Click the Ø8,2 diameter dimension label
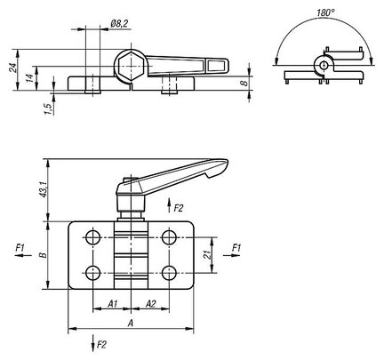(119, 24)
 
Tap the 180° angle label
(325, 12)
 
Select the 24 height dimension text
(12, 68)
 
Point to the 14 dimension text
(29, 78)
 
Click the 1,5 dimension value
(50, 108)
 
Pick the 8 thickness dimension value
(244, 83)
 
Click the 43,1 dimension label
(44, 189)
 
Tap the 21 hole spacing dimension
(209, 254)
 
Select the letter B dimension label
(44, 255)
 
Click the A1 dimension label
(113, 304)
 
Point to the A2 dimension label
(150, 304)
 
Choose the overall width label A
(130, 324)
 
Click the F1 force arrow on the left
(23, 255)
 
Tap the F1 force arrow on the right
(231, 255)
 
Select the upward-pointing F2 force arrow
(169, 205)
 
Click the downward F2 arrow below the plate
(93, 343)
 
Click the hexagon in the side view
(131, 66)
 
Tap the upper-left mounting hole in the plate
(92, 237)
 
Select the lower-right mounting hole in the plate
(169, 273)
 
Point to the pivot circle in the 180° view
(324, 64)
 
